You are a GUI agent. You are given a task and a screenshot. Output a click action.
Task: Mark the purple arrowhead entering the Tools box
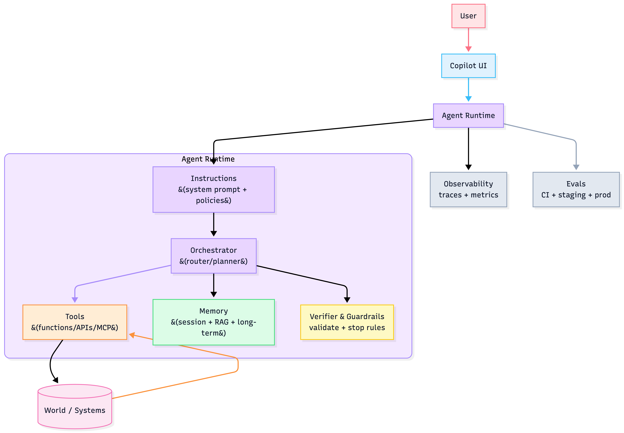coord(75,299)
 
